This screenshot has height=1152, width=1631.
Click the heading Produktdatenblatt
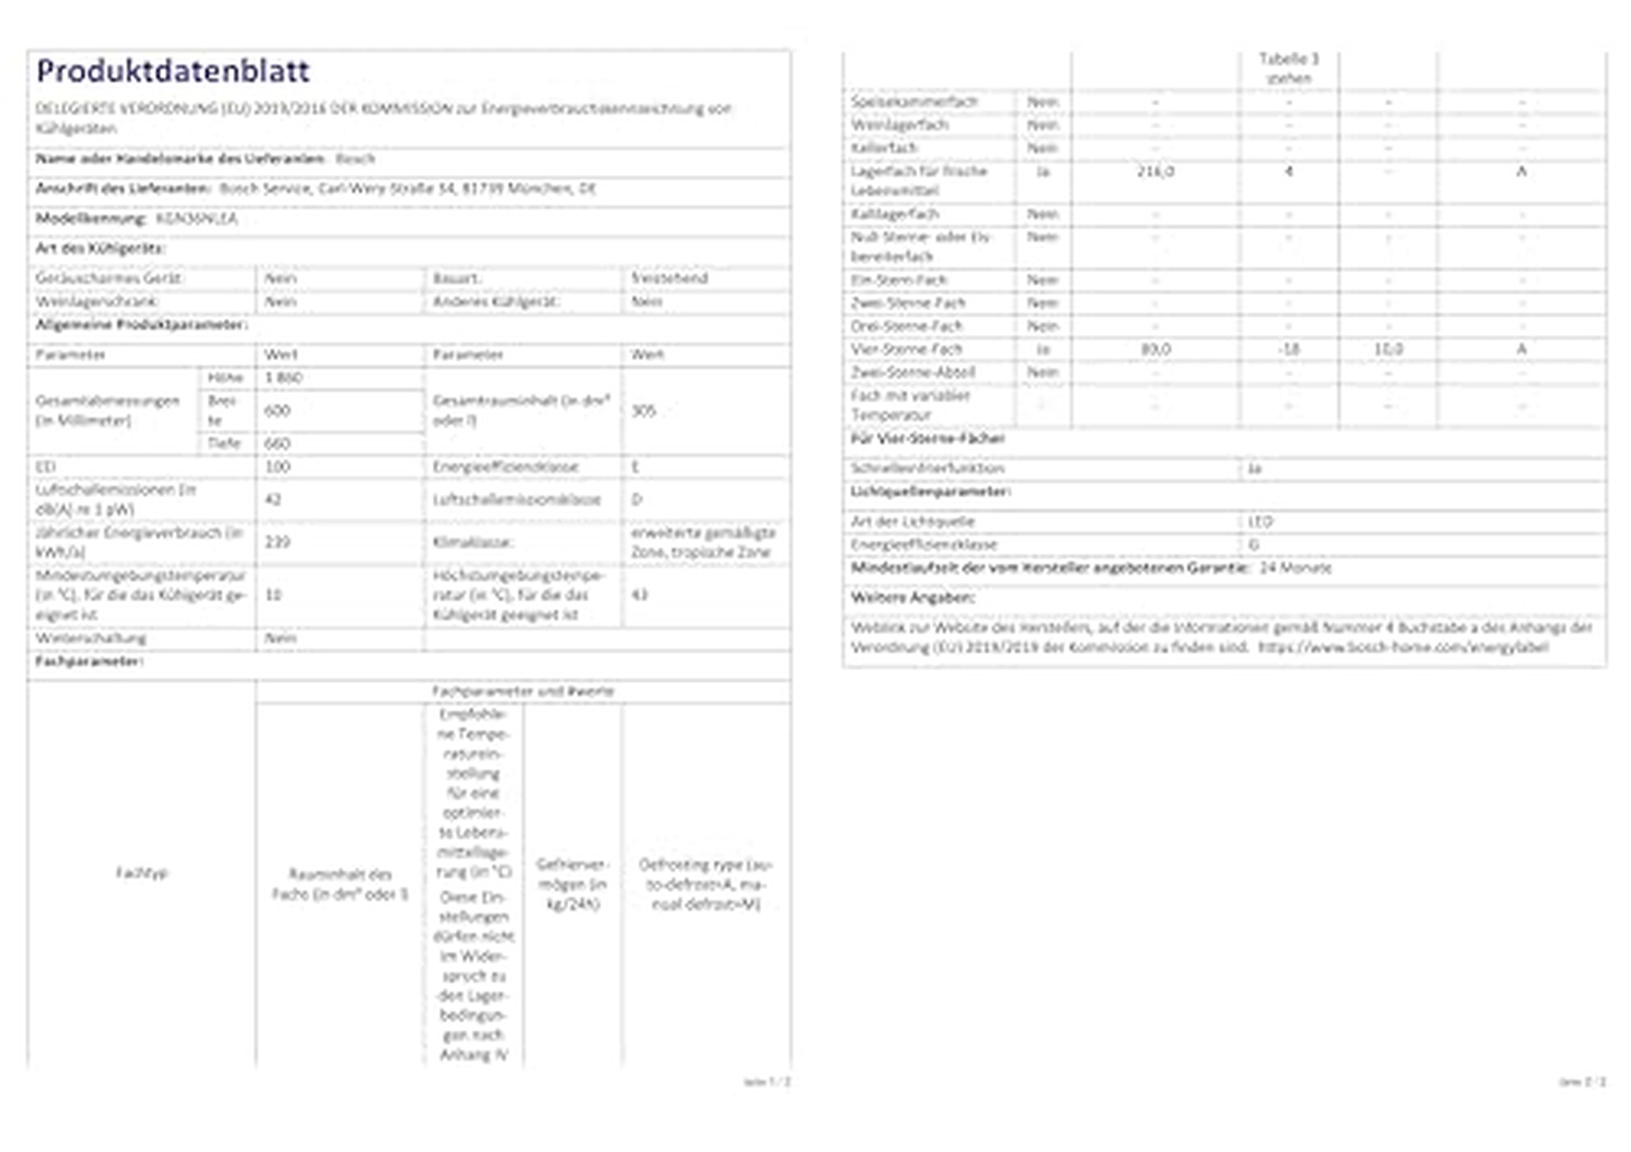pyautogui.click(x=173, y=71)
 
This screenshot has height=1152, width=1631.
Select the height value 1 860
pyautogui.click(x=283, y=378)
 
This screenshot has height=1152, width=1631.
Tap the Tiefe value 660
pyautogui.click(x=277, y=444)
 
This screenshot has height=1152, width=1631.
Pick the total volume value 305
pyautogui.click(x=643, y=411)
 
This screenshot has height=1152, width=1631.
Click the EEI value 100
pyautogui.click(x=277, y=468)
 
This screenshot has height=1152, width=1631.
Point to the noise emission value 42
pyautogui.click(x=274, y=500)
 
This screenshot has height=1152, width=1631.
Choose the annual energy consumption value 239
pyautogui.click(x=277, y=542)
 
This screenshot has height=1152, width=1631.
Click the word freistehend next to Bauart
pyautogui.click(x=669, y=278)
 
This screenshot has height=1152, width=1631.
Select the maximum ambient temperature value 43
pyautogui.click(x=639, y=595)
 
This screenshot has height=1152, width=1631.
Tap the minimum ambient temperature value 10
pyautogui.click(x=274, y=595)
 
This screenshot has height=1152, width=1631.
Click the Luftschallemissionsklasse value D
pyautogui.click(x=636, y=500)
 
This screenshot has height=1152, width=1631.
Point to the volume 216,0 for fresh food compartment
pyautogui.click(x=1155, y=172)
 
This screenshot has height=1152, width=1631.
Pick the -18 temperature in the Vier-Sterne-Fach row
pyautogui.click(x=1288, y=349)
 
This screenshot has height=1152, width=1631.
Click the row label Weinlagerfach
pyautogui.click(x=899, y=126)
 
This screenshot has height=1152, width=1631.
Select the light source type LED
pyautogui.click(x=1260, y=522)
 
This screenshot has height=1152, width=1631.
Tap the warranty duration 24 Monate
pyautogui.click(x=1295, y=568)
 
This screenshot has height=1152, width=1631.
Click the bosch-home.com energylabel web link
pyautogui.click(x=1403, y=648)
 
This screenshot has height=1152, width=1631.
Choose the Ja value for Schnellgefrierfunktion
pyautogui.click(x=1254, y=468)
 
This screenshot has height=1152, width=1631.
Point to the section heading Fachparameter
pyautogui.click(x=89, y=662)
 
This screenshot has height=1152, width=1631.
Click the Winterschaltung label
pyautogui.click(x=91, y=638)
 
